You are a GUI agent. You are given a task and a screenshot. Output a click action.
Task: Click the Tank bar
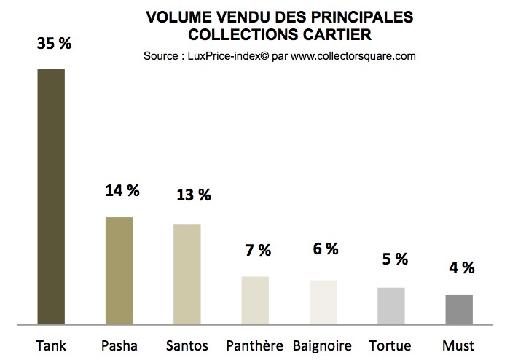coord(51,196)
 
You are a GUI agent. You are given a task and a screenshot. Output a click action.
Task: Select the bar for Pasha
coord(119,270)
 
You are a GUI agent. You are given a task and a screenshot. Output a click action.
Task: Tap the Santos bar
coord(187,274)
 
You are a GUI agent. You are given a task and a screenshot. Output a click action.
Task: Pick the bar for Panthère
coord(255,300)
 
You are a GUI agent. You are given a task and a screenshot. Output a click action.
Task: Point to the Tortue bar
coord(390,305)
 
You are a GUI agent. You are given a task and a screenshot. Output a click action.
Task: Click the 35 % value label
coord(54,44)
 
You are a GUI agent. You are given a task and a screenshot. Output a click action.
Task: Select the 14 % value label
coord(122,192)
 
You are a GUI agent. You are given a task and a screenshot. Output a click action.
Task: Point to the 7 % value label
coord(257,250)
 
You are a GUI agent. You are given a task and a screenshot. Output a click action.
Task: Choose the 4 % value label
coord(460,267)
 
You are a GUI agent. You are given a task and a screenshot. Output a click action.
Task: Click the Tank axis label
coord(50,345)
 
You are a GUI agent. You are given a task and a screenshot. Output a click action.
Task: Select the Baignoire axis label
coord(323,345)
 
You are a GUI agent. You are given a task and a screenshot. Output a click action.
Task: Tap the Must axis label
coord(458,345)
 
